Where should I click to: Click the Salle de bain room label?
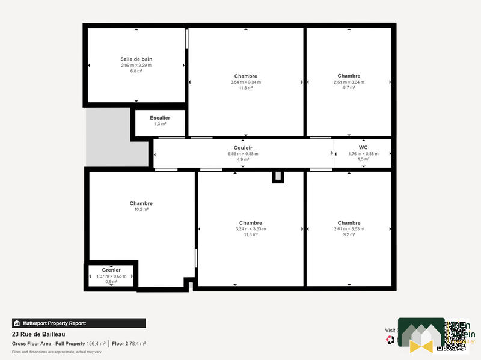136,59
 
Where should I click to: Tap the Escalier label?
160,118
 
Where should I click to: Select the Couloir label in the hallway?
243,148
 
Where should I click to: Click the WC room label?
363,147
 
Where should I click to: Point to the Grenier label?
111,270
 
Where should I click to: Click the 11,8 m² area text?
246,88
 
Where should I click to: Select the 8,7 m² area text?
349,88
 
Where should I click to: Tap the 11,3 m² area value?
251,234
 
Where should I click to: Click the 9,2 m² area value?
349,234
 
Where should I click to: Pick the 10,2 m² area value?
141,209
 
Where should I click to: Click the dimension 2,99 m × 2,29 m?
136,65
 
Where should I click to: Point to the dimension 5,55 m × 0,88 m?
243,154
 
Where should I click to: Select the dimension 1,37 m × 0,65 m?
111,276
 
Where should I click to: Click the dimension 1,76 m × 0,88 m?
363,154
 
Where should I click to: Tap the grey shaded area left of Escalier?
108,137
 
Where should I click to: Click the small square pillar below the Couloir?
277,176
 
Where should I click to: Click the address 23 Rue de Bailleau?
38,334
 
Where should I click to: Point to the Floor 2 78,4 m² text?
129,344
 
